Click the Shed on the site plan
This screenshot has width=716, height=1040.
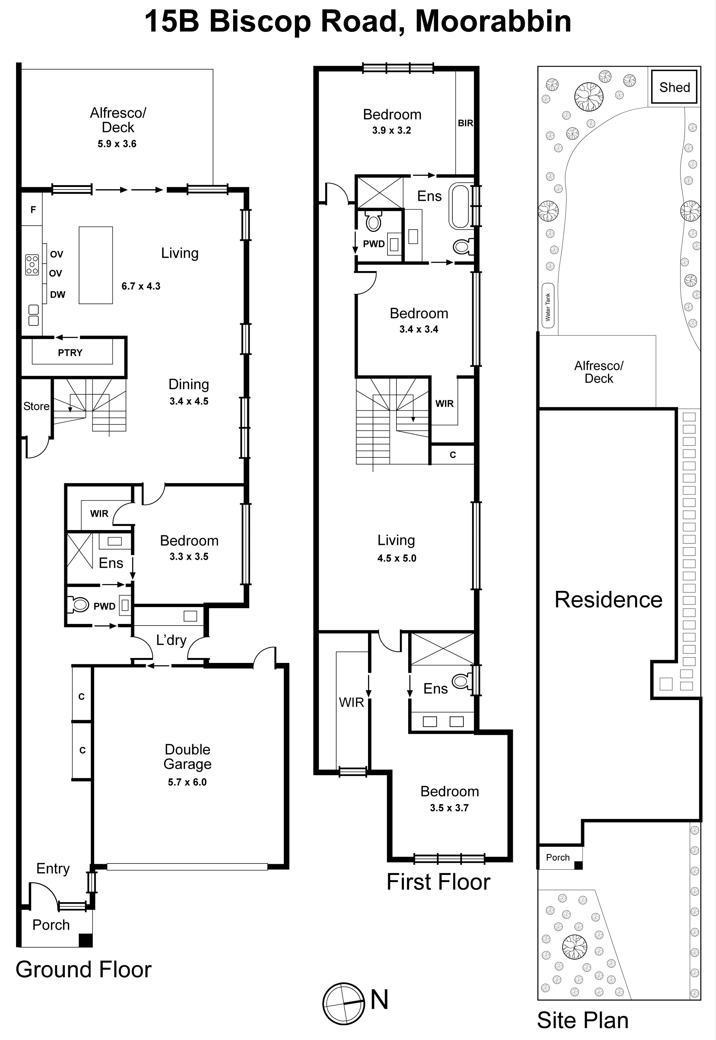point(674,87)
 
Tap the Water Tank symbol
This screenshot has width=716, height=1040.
point(548,305)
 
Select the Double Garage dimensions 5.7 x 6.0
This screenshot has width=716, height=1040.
point(187,782)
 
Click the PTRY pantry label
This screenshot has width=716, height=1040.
point(70,353)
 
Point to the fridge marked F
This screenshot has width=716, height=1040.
point(33,210)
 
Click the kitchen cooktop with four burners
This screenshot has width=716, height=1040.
point(32,265)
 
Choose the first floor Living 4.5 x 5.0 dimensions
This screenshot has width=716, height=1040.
point(396,558)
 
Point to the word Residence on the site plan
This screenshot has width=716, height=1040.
point(608,600)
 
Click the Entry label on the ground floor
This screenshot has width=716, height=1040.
point(53,868)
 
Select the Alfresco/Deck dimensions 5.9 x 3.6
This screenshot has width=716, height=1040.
point(117,144)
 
